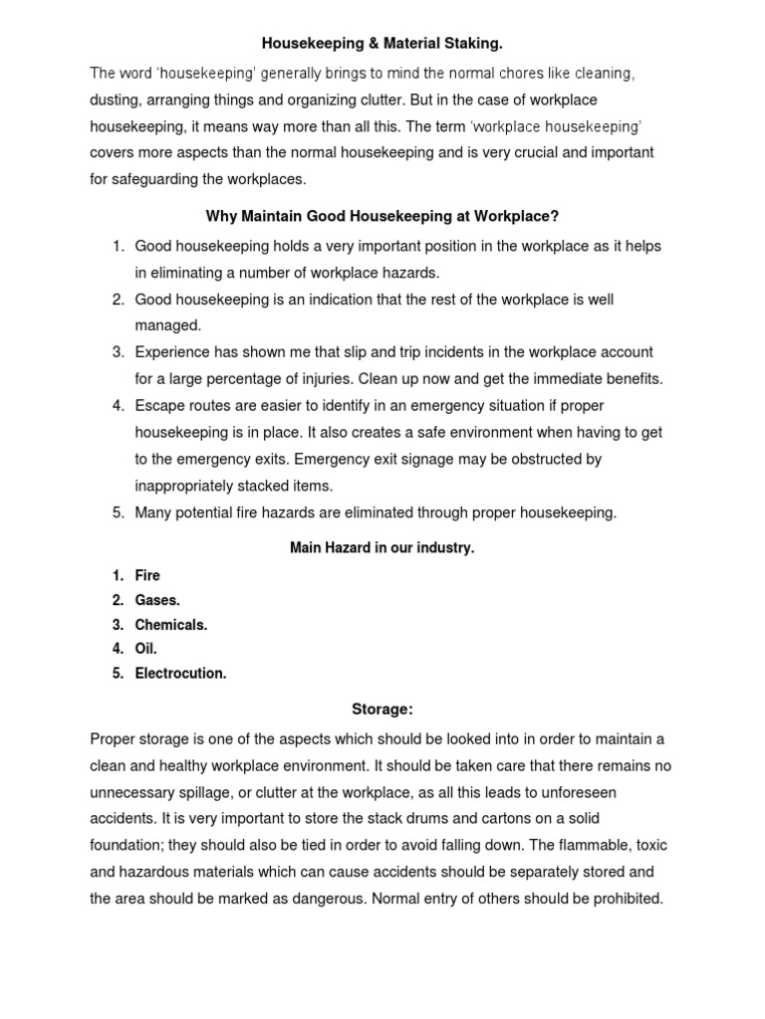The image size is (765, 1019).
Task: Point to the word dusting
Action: (118, 101)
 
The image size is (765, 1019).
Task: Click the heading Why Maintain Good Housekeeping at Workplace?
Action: (382, 216)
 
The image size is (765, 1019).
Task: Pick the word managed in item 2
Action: (167, 325)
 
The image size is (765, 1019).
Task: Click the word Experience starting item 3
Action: (175, 352)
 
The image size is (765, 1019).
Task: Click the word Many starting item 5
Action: (154, 512)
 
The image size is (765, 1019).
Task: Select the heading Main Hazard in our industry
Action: (382, 547)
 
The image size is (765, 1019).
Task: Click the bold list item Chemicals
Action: (171, 625)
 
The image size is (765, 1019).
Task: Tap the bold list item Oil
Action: (146, 649)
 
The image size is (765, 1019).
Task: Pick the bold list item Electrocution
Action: (180, 674)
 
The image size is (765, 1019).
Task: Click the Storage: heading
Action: (382, 709)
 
